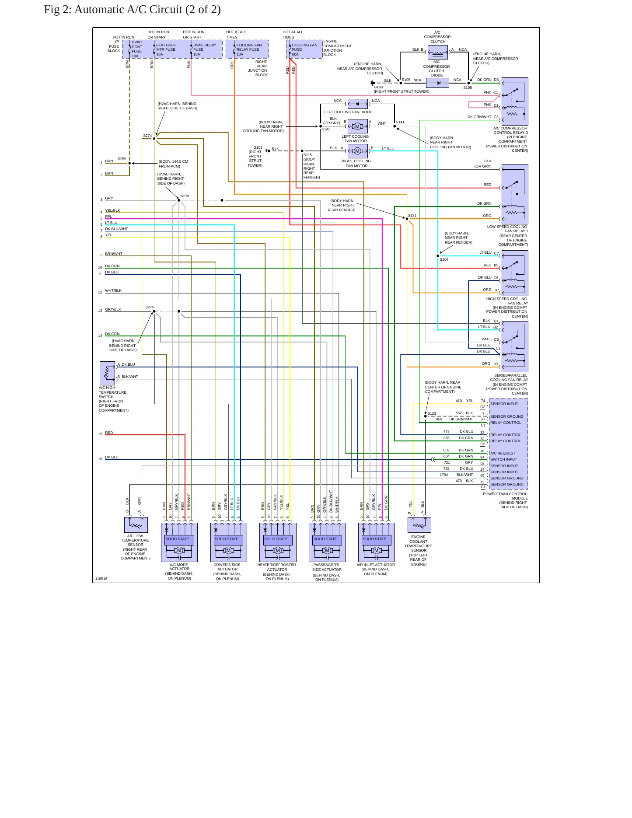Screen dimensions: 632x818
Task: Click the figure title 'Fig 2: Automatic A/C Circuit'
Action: [113, 10]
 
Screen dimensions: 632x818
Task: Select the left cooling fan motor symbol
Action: [357, 126]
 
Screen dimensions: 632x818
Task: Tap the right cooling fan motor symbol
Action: [357, 151]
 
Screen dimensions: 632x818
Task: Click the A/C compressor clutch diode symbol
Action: [437, 83]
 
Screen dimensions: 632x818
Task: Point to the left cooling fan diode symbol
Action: [357, 104]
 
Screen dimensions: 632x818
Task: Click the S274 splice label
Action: [147, 136]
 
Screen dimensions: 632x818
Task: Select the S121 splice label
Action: [412, 215]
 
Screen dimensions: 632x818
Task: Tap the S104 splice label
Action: [444, 259]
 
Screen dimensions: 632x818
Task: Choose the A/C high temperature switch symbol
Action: [107, 373]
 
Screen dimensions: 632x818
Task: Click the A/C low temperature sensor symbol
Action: [136, 524]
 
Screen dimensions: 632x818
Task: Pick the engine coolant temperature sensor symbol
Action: [419, 524]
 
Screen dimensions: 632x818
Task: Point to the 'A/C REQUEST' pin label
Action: [503, 453]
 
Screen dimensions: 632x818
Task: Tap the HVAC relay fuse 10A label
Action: [205, 49]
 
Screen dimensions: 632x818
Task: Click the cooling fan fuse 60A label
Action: [304, 49]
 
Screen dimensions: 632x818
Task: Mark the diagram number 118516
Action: [101, 579]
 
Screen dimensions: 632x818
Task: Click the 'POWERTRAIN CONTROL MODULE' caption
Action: [505, 496]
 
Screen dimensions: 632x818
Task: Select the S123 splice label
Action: [432, 413]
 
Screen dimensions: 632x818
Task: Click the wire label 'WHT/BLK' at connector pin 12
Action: [113, 290]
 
